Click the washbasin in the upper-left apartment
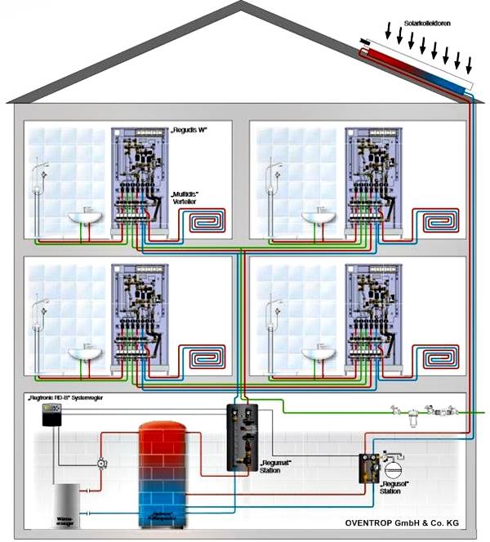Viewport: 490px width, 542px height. tap(81, 218)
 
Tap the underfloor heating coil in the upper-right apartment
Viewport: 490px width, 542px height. tap(440, 220)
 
